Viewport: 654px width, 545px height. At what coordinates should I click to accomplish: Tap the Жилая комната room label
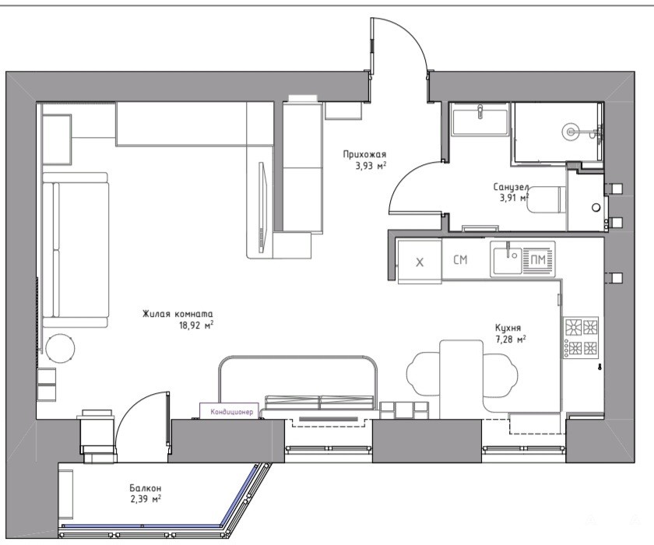point(178,314)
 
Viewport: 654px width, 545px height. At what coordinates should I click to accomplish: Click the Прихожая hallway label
point(364,155)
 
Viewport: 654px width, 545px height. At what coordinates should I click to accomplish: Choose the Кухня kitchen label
point(508,328)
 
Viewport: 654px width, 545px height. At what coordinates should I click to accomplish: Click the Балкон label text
point(145,488)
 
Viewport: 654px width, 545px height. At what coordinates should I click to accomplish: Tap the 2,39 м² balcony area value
point(145,498)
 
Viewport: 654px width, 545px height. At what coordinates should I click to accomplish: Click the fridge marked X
point(420,262)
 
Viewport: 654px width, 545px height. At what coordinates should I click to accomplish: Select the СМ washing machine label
point(460,260)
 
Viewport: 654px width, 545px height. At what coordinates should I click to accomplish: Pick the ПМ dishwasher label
point(538,260)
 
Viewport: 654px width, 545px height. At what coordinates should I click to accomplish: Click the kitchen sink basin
point(507,260)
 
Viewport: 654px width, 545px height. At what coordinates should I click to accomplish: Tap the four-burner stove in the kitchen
point(581,338)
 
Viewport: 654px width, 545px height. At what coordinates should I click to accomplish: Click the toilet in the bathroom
point(547,200)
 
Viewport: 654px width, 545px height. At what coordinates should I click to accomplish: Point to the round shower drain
point(569,131)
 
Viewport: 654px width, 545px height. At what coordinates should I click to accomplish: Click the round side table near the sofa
point(61,348)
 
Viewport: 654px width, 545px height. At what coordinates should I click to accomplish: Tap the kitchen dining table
point(461,378)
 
